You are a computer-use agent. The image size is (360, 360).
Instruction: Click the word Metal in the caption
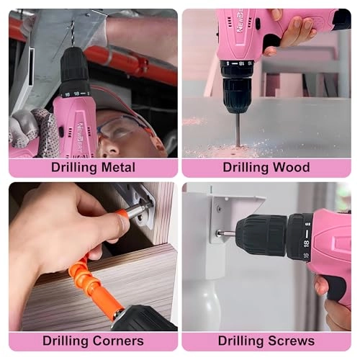[x=113, y=168]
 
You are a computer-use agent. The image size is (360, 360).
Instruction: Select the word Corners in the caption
[x=113, y=341]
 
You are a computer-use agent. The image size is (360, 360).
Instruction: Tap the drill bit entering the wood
[x=238, y=130]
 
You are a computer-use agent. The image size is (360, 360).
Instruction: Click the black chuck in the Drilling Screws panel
[x=260, y=235]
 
